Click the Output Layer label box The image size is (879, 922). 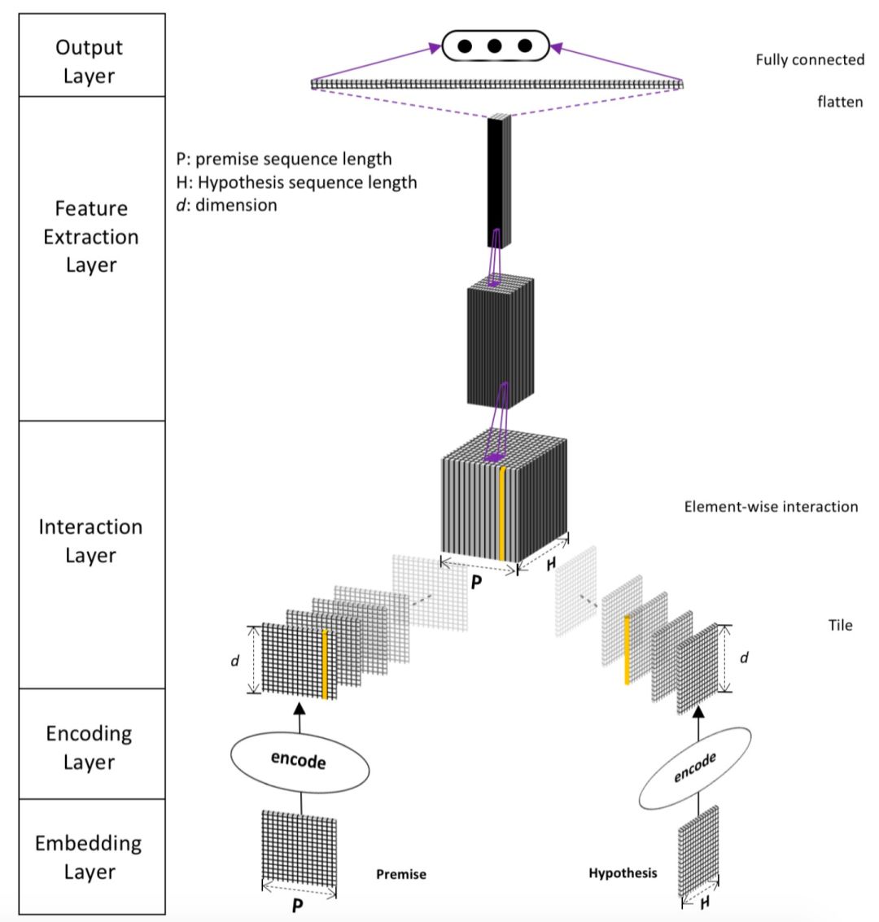point(90,61)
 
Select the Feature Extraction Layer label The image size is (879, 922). point(90,237)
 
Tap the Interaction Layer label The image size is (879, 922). point(90,541)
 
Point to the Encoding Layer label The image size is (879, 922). point(90,747)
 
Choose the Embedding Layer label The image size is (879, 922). point(90,857)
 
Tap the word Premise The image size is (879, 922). point(400,875)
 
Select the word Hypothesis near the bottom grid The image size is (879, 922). point(623,873)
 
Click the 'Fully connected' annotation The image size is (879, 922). point(809,59)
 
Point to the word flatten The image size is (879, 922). point(840,103)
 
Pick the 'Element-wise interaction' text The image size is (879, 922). point(771,506)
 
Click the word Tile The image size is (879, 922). point(841,625)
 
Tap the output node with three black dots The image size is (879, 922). point(495,46)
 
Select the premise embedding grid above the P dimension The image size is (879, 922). point(298,850)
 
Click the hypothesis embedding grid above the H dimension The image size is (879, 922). point(698,850)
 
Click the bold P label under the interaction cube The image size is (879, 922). point(476,583)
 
